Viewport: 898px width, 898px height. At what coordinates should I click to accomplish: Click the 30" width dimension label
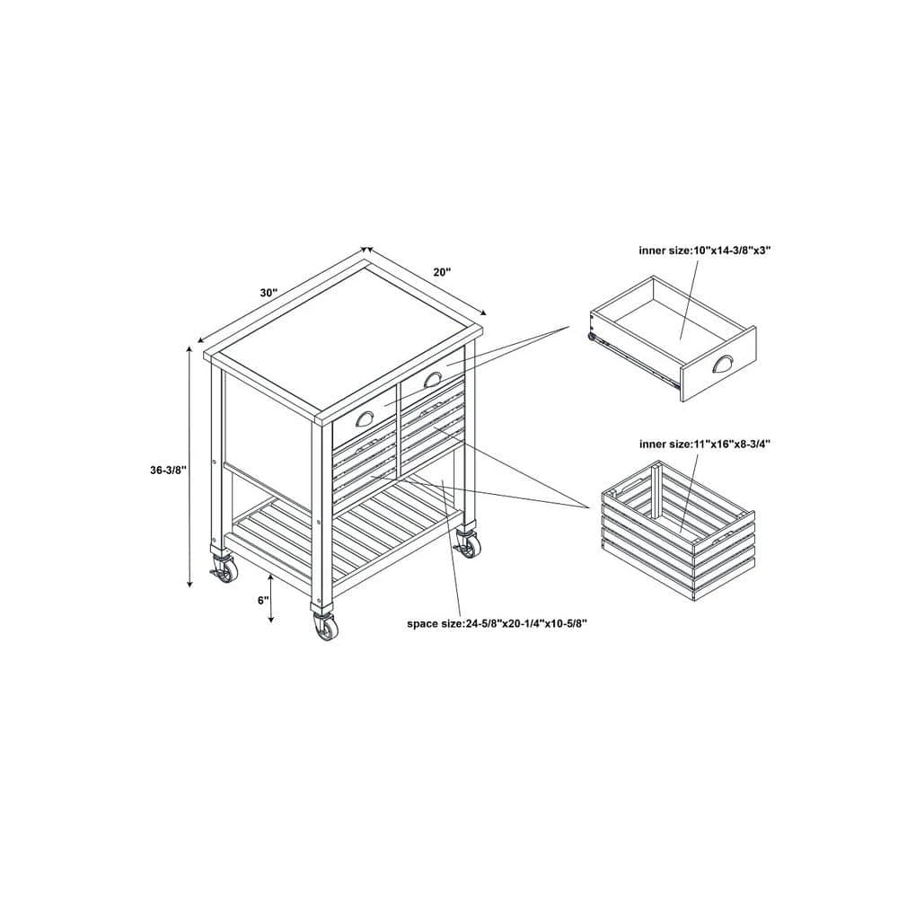tap(269, 293)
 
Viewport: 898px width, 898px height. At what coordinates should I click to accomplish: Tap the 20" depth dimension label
tap(442, 272)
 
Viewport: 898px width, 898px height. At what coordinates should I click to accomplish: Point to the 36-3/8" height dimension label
tap(169, 471)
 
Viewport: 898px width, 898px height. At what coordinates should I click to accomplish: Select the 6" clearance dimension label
tap(263, 600)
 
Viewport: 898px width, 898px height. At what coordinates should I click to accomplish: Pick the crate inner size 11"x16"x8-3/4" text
tap(705, 444)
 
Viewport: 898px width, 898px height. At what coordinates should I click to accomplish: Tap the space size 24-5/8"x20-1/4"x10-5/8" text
tap(497, 623)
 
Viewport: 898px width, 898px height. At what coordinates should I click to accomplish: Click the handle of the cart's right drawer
tap(431, 378)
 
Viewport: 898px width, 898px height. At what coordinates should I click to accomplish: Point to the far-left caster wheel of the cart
tap(224, 570)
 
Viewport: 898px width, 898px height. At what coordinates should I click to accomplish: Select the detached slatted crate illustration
tap(679, 531)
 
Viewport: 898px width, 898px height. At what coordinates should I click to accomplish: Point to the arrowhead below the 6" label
tap(271, 619)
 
